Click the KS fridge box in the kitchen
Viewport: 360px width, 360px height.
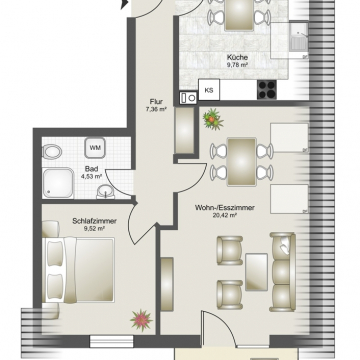click(x=209, y=90)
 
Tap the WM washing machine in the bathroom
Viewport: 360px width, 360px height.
click(x=95, y=148)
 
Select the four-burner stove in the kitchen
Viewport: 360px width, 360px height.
click(x=267, y=89)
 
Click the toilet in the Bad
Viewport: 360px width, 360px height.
click(x=52, y=153)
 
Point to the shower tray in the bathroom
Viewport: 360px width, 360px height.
click(x=58, y=183)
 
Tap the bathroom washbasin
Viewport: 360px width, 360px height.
click(x=105, y=193)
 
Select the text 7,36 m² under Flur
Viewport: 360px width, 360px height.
click(x=156, y=109)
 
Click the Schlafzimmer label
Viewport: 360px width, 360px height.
click(x=94, y=221)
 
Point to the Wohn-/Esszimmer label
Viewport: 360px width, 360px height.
click(x=225, y=208)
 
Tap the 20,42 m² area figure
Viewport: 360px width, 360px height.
click(x=225, y=215)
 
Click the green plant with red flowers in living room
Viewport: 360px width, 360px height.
click(x=213, y=119)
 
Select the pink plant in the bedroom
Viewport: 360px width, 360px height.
click(x=141, y=320)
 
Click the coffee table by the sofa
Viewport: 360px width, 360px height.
click(x=256, y=272)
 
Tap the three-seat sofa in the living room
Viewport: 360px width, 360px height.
click(x=283, y=272)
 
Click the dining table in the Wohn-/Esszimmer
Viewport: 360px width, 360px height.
click(x=242, y=162)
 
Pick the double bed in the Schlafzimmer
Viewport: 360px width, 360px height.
click(x=78, y=270)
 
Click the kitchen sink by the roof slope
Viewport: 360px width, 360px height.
click(x=297, y=36)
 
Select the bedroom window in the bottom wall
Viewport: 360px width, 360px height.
click(x=112, y=341)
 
